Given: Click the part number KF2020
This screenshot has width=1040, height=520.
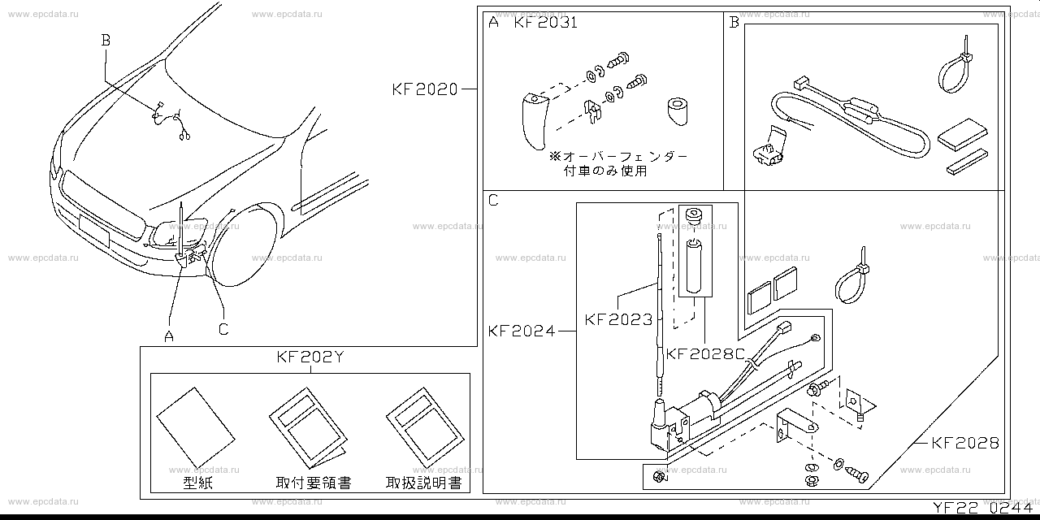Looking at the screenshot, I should point(425,89).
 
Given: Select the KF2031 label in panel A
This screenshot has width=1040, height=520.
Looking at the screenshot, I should point(545,23).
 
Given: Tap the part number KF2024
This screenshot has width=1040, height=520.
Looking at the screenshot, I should point(522,331).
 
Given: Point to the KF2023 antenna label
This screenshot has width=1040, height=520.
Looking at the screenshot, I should point(618,320).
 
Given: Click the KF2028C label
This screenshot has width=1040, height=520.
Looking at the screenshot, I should point(705,353).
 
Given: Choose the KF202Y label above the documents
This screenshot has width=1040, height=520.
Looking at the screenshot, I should point(310,357).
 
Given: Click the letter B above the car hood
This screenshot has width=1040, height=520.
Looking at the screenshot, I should point(105,38).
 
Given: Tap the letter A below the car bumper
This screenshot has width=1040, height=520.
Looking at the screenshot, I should point(169,336).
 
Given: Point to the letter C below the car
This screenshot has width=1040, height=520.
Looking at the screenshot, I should point(223,329).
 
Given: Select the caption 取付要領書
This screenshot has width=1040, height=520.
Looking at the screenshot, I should point(314,483).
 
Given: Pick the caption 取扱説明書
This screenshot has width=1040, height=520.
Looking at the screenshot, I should point(423,483).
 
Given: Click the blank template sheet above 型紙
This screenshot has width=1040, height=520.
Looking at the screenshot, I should point(196,427).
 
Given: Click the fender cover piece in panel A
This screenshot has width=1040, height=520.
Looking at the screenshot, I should point(533,119).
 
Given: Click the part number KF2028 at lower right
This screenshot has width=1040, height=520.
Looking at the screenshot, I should point(965,443).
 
